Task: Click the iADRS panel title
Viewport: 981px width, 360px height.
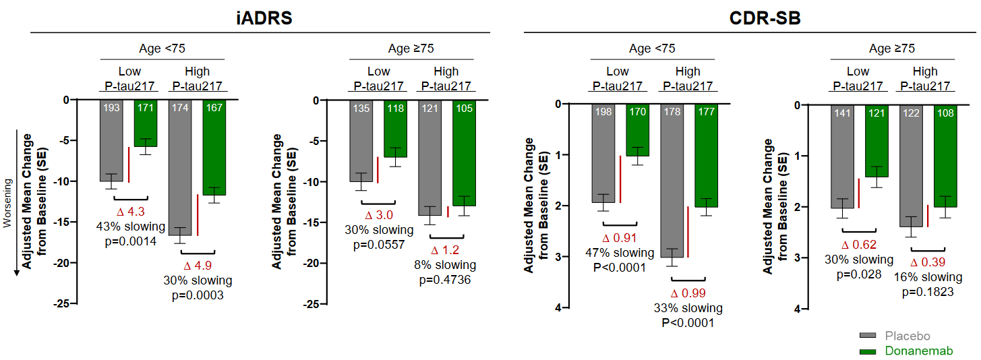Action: click(x=260, y=18)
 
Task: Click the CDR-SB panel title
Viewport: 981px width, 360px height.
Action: click(x=765, y=18)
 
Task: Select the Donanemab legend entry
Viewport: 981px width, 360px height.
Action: click(x=913, y=351)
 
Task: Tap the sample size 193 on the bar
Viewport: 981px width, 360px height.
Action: click(x=111, y=108)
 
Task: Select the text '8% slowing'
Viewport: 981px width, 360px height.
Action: click(x=445, y=265)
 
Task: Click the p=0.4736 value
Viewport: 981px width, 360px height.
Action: click(x=445, y=280)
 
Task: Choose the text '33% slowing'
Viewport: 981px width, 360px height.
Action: click(x=688, y=308)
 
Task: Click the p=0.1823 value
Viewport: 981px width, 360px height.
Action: click(x=928, y=292)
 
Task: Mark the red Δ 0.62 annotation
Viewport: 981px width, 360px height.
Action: click(x=859, y=245)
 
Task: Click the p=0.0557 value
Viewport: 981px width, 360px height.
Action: click(x=379, y=245)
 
